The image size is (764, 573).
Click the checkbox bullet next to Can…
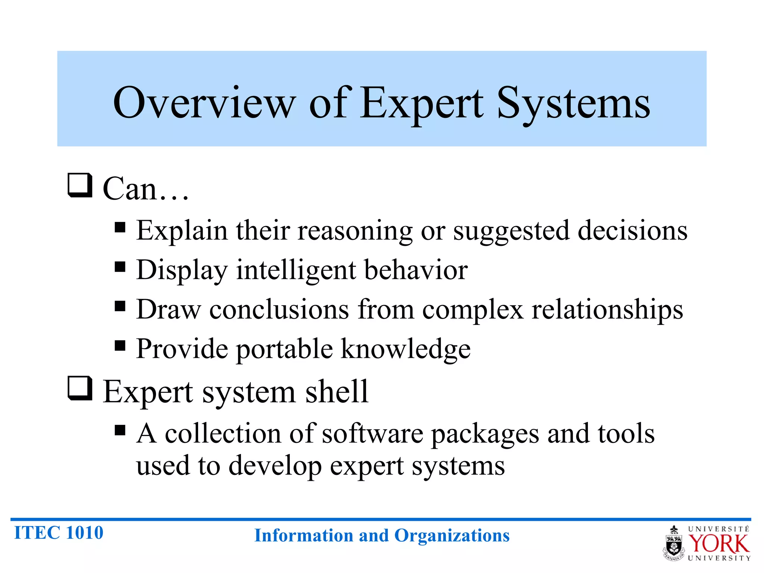point(80,185)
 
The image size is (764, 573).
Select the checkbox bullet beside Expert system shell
point(80,388)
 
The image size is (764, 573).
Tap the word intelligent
point(296,270)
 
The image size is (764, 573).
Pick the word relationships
point(607,310)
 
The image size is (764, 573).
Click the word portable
point(284,350)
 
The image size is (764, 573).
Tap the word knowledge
point(406,350)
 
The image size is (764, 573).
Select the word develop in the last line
point(275,466)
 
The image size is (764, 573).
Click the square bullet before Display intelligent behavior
point(120,267)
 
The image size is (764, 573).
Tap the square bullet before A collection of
point(120,430)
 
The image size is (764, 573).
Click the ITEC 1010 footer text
point(59,533)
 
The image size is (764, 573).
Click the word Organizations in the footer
point(452,536)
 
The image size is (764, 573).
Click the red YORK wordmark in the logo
point(718,544)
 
